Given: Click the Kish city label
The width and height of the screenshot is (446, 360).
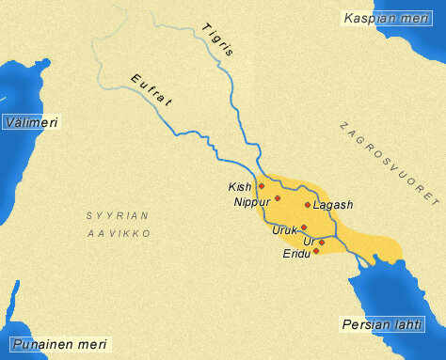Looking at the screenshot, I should tap(240, 187).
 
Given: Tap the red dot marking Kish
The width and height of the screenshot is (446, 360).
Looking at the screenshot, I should tap(262, 186).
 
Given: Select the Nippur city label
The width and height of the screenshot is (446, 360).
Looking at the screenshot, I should tap(252, 201).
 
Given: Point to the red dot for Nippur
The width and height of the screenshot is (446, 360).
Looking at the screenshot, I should tap(278, 198).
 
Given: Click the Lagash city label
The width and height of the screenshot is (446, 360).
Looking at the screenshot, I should tap(333, 205).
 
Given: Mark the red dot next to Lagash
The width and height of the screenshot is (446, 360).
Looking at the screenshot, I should tap(308, 204).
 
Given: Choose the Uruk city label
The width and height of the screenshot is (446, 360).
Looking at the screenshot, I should tap(284, 229).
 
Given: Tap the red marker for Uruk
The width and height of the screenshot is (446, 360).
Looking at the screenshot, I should tap(304, 227).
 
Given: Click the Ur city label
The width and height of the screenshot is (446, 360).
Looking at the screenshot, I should tap(309, 242).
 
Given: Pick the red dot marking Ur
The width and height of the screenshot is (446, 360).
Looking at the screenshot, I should tap(322, 243).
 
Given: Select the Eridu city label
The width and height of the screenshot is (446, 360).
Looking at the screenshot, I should tap(296, 254).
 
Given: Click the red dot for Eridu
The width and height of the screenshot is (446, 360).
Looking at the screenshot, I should tap(316, 250).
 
